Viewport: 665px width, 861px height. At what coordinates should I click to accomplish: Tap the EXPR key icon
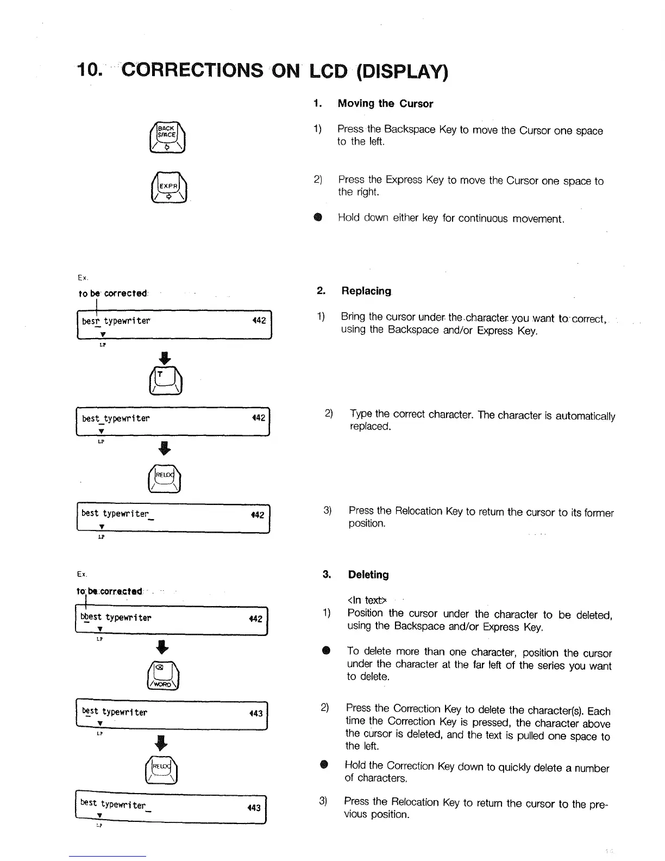click(168, 187)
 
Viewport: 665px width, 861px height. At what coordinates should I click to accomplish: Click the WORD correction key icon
click(163, 675)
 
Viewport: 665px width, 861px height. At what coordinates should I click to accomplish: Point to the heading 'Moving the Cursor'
click(385, 103)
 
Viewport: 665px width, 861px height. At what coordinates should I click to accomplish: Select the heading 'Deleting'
click(368, 575)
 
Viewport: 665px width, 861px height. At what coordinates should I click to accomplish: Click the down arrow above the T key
click(166, 358)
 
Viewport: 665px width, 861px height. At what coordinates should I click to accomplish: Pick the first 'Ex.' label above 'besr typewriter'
click(83, 278)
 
